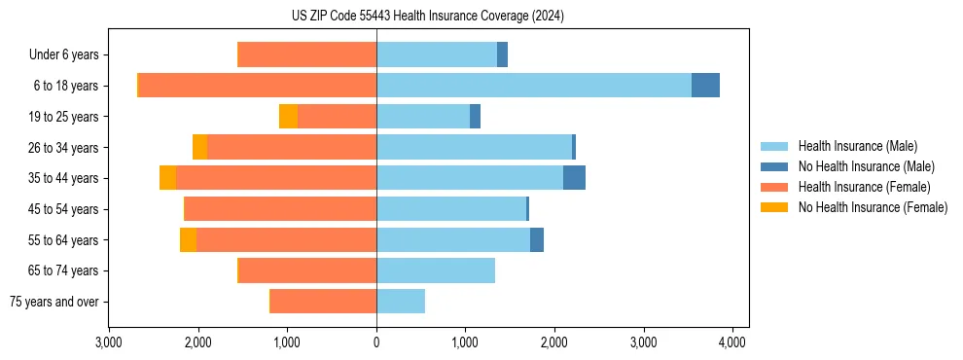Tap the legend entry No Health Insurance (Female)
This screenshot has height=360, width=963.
(x=873, y=207)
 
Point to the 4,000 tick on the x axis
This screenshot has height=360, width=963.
(x=732, y=342)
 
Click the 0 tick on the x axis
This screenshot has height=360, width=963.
(x=376, y=342)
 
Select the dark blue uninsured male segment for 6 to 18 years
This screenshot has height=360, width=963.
(x=705, y=86)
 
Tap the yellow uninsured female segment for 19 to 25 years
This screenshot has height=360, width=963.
(x=288, y=117)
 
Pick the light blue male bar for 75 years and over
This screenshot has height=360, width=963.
(x=401, y=302)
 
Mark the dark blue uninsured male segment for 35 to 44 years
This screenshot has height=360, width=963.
(x=574, y=178)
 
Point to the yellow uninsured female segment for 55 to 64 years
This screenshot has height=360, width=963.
(x=188, y=240)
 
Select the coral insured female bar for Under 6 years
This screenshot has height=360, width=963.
(x=307, y=55)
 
